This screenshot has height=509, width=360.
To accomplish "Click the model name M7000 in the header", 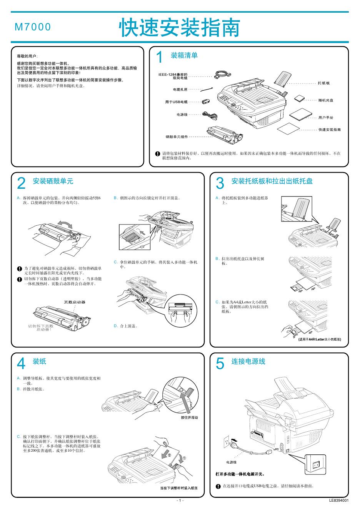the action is click(33, 27).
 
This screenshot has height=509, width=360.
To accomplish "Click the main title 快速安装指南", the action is click(180, 28).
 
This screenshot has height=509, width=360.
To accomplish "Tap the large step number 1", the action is click(159, 58).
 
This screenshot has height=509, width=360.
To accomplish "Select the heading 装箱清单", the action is click(184, 56).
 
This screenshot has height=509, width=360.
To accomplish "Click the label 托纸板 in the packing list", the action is click(324, 83).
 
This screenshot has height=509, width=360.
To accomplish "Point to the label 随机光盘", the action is click(325, 100).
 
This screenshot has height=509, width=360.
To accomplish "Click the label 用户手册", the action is click(326, 117).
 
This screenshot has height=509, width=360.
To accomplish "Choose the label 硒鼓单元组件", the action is click(177, 136).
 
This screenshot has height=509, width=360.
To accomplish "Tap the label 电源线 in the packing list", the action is click(182, 114).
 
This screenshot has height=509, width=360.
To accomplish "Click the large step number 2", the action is click(22, 183).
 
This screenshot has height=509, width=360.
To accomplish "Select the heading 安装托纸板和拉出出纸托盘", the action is click(272, 181).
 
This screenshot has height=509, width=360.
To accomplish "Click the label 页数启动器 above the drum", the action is click(75, 302).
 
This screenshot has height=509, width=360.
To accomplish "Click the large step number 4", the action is click(22, 363).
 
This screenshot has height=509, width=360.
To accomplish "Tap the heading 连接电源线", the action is click(248, 361).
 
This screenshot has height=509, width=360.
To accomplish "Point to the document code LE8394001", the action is click(339, 501).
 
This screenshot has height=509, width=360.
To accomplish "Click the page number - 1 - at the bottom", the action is click(180, 501).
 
